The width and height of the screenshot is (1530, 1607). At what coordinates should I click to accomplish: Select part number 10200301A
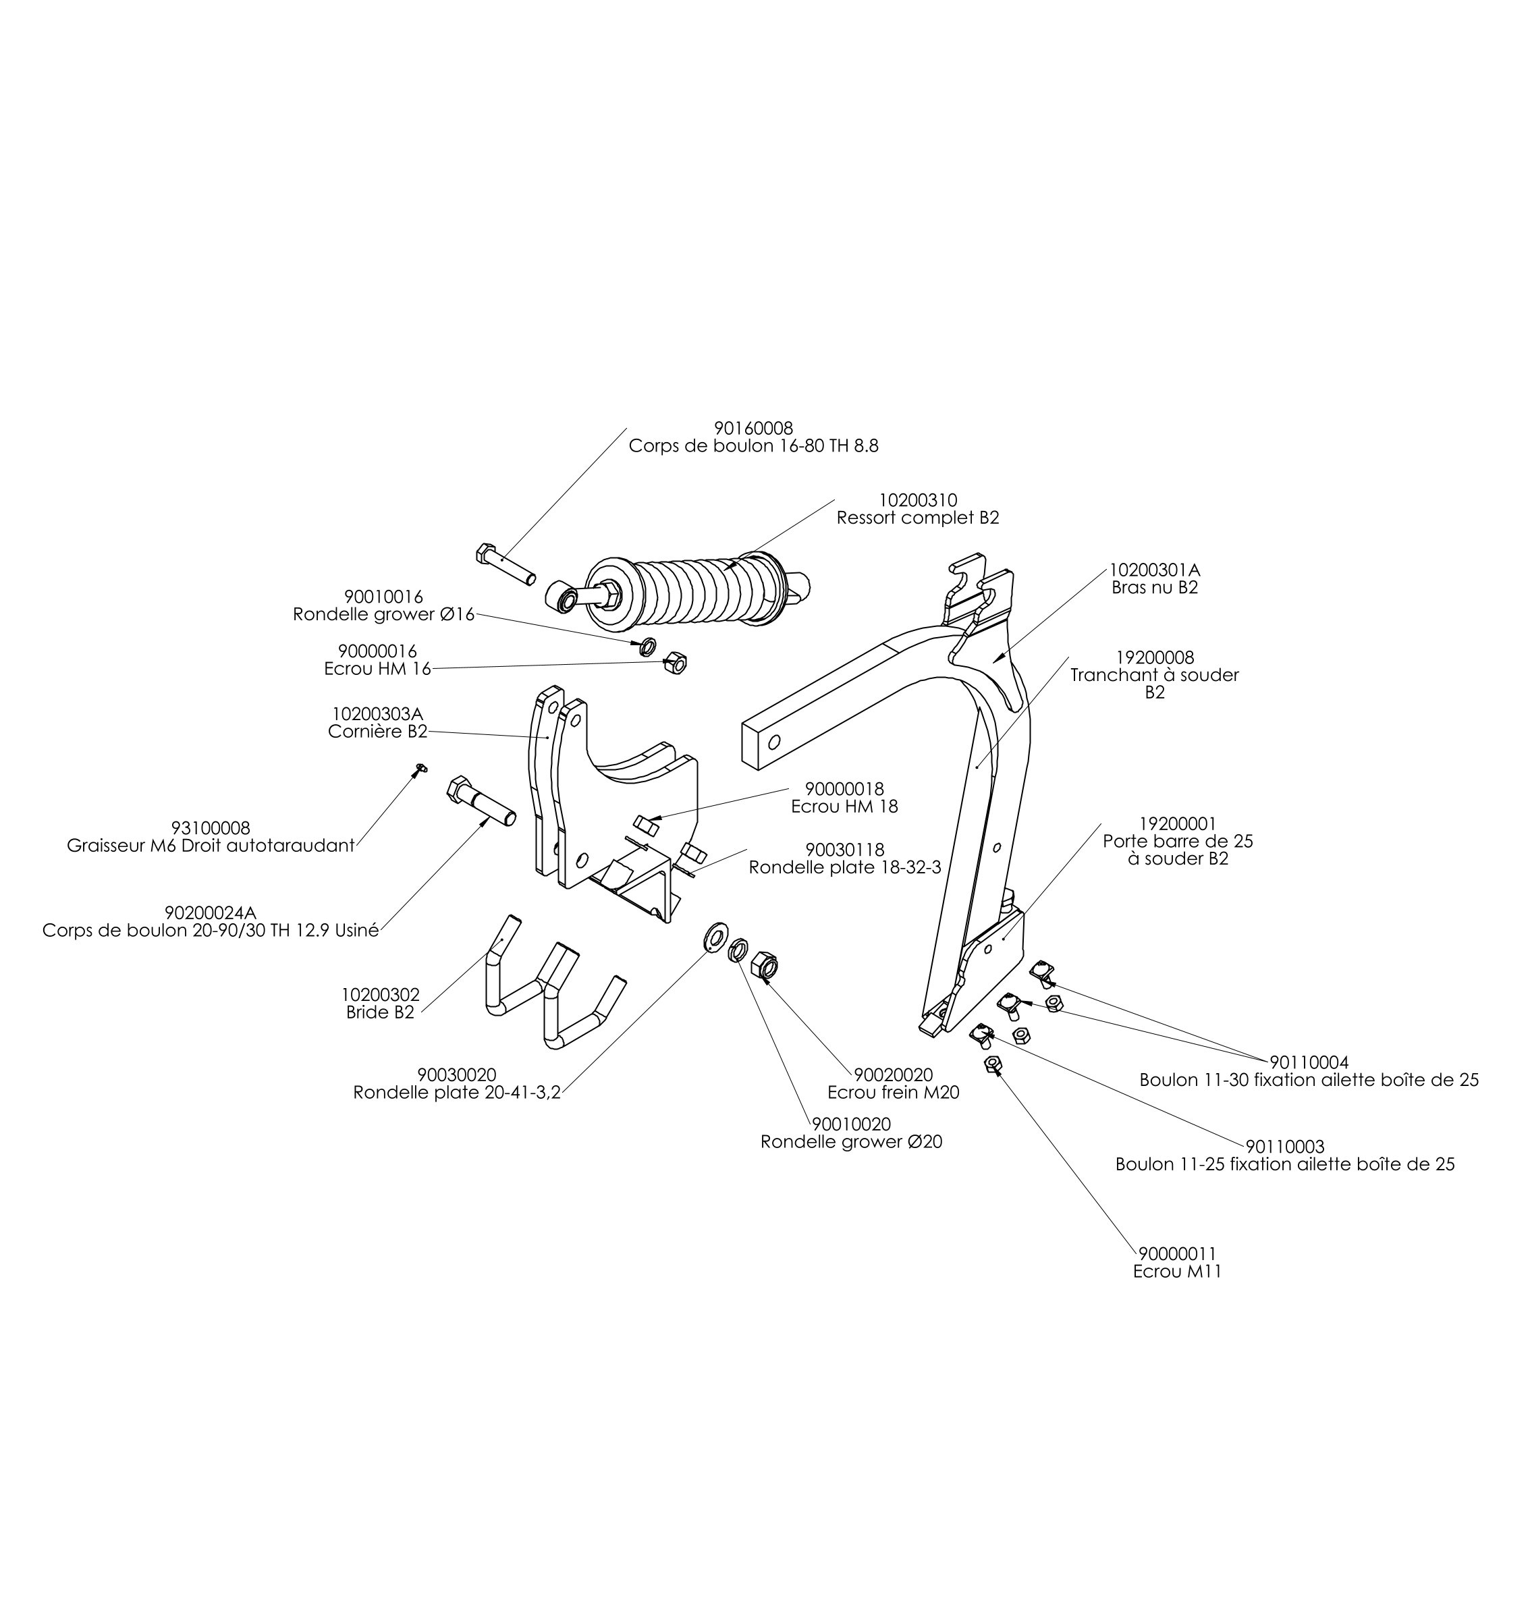click(1155, 570)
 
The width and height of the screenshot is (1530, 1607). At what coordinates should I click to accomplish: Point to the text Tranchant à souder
click(1155, 675)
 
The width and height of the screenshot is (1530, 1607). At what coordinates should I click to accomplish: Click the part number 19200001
click(1178, 825)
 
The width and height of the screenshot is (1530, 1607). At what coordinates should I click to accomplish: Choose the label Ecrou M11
click(1177, 1272)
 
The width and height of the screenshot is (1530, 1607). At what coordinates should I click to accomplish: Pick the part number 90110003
click(1285, 1146)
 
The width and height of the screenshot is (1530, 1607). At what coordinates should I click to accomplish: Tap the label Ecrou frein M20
click(893, 1092)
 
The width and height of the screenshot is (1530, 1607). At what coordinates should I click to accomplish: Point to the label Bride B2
click(380, 1012)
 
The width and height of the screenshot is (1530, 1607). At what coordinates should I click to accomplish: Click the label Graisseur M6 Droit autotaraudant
click(211, 846)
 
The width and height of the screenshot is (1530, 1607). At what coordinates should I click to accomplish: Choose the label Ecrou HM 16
click(377, 669)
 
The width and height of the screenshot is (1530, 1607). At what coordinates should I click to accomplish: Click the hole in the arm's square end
click(775, 742)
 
